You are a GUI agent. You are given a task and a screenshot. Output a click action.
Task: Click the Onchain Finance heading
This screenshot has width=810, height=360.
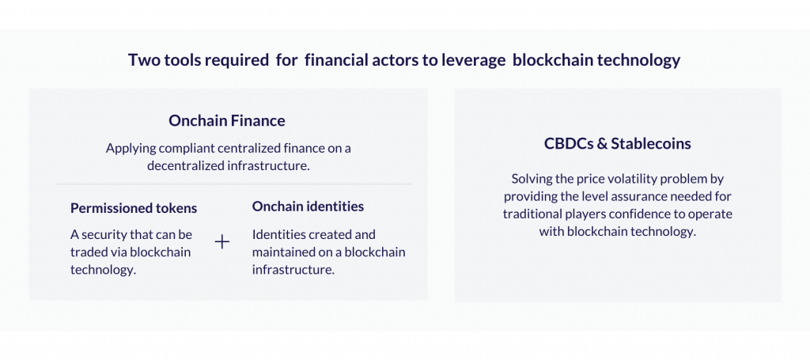(x=227, y=121)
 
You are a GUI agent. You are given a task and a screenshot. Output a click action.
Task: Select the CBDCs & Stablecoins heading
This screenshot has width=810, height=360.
(x=617, y=143)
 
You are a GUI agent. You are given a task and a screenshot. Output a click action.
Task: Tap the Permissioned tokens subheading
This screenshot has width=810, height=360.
(x=134, y=208)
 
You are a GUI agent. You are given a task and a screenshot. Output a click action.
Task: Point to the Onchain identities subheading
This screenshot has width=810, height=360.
(x=308, y=207)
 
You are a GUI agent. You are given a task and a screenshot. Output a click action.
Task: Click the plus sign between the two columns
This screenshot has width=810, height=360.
(x=222, y=242)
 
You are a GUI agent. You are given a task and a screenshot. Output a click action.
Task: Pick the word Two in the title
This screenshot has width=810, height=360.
(x=141, y=60)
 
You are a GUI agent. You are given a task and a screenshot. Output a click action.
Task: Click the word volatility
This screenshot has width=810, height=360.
(x=615, y=180)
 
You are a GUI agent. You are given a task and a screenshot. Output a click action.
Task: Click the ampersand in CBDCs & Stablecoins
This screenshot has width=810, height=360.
(x=602, y=143)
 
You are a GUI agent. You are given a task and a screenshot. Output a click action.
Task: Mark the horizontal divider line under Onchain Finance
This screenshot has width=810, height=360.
(x=233, y=184)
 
